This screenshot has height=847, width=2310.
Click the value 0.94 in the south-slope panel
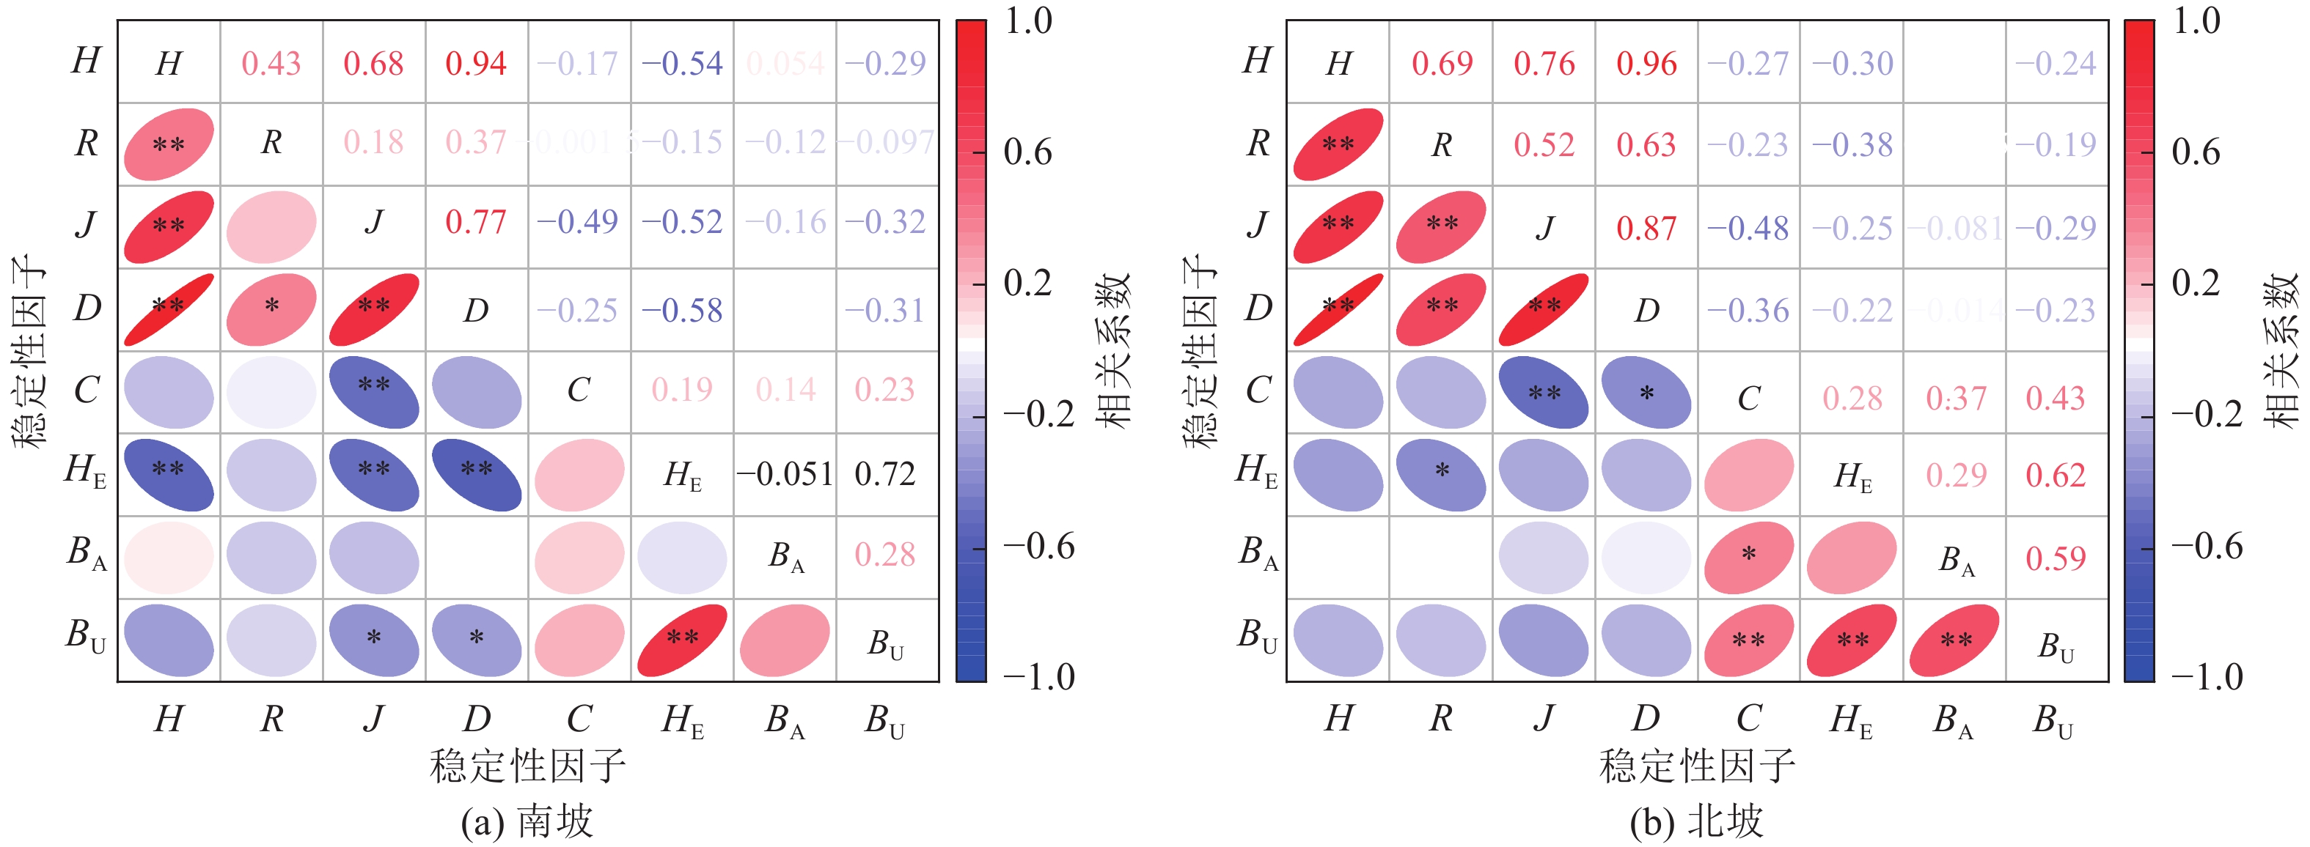(476, 64)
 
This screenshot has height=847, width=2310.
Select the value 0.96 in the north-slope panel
(1646, 64)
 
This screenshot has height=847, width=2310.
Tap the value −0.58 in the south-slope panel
(683, 310)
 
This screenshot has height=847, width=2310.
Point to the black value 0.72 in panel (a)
(885, 474)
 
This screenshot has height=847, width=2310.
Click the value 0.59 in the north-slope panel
(2056, 558)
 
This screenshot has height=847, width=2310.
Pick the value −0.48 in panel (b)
(1748, 228)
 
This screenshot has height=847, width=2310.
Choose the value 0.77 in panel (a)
(476, 221)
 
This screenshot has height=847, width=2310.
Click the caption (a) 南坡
(527, 821)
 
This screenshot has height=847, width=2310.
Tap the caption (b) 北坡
(1697, 821)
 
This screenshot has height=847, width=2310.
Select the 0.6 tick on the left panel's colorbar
(1027, 152)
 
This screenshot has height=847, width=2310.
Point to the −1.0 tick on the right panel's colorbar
(2207, 677)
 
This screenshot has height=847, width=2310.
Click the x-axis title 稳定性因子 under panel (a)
(527, 766)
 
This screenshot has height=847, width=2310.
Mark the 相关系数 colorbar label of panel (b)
(2281, 349)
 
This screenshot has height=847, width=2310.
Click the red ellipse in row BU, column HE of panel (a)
(683, 640)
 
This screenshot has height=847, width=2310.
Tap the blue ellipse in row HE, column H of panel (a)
(169, 474)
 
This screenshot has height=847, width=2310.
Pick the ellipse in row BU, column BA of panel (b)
(1955, 640)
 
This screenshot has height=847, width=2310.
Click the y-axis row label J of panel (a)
(86, 224)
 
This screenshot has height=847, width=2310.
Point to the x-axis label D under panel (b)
(1646, 718)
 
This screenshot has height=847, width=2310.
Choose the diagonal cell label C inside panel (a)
(579, 390)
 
